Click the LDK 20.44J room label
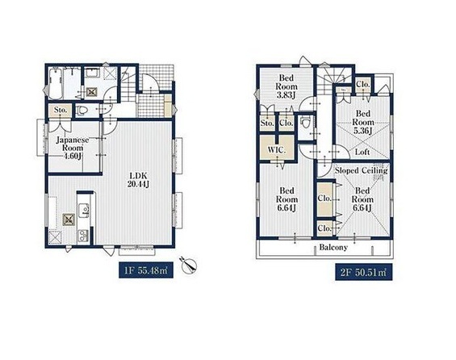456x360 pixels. pyautogui.click(x=139, y=180)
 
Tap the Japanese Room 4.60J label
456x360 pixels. pyautogui.click(x=73, y=148)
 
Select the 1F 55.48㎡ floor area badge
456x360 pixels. pyautogui.click(x=146, y=270)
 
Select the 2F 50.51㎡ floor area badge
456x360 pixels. pyautogui.click(x=363, y=272)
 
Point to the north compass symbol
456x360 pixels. pyautogui.click(x=189, y=265)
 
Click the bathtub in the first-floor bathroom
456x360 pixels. pyautogui.click(x=55, y=84)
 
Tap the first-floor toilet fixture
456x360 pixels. pyautogui.click(x=82, y=111)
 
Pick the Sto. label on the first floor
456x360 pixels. pyautogui.click(x=61, y=111)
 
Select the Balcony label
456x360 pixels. pyautogui.click(x=333, y=248)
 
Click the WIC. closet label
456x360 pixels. pyautogui.click(x=277, y=150)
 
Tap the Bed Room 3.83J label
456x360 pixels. pyautogui.click(x=287, y=86)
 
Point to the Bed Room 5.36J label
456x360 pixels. pyautogui.click(x=363, y=122)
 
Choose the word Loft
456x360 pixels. pyautogui.click(x=362, y=152)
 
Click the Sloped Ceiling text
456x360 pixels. pyautogui.click(x=362, y=170)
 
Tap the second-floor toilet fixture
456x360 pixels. pyautogui.click(x=304, y=123)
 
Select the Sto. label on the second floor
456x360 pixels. pyautogui.click(x=267, y=123)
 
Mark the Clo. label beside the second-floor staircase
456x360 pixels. pyautogui.click(x=363, y=84)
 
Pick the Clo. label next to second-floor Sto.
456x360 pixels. pyautogui.click(x=286, y=123)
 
